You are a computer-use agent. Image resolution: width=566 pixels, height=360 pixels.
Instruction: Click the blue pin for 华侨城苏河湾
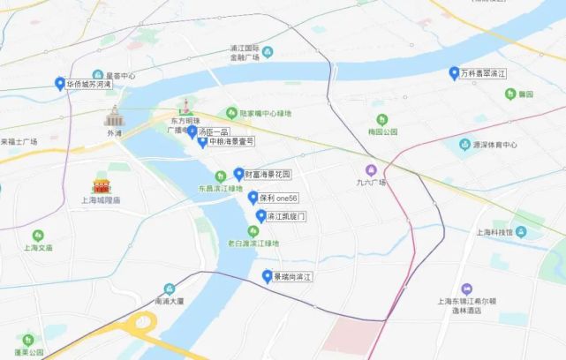point(58,85)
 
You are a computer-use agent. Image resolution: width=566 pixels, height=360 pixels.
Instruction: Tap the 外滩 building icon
point(112,116)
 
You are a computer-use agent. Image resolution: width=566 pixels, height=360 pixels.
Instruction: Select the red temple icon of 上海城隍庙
point(102,186)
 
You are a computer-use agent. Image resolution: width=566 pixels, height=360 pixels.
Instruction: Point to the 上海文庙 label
point(36,248)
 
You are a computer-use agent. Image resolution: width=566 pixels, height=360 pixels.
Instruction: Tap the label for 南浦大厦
point(168,300)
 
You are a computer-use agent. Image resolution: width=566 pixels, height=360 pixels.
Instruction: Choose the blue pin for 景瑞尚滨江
point(267,276)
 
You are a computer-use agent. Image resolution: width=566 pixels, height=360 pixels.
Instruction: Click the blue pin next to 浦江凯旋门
point(260,216)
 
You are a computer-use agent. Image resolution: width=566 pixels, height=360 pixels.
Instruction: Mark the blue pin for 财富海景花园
point(238,174)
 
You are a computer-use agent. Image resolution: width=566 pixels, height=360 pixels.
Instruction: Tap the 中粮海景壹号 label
point(231,141)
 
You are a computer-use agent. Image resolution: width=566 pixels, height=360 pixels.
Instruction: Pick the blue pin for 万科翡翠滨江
point(454,73)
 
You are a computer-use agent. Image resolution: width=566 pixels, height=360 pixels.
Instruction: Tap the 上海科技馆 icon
point(521,232)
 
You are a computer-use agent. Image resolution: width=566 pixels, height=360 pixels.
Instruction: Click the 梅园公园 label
point(381,131)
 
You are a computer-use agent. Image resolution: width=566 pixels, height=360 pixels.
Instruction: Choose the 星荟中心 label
point(120,76)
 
